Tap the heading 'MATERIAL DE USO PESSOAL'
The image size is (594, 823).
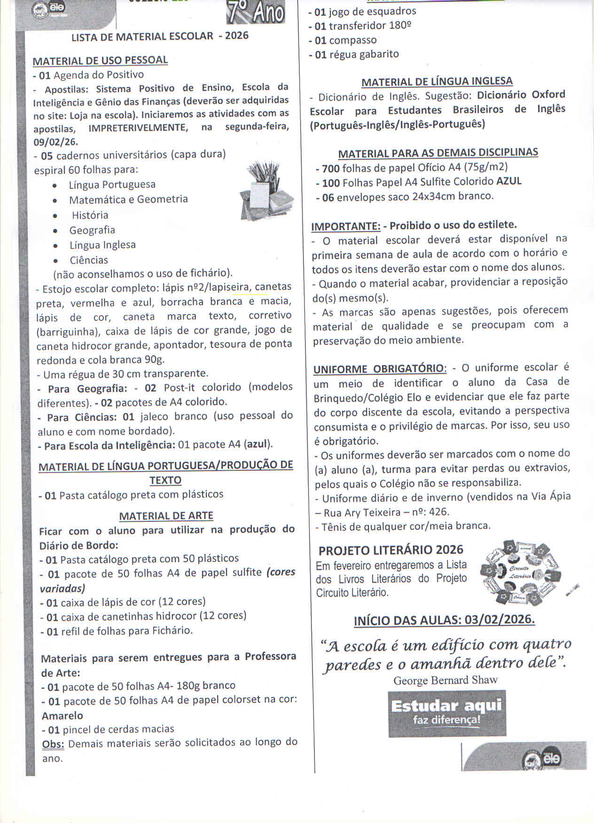pyautogui.click(x=100, y=61)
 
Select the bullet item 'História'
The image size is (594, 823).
pyautogui.click(x=90, y=215)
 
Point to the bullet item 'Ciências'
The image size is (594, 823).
pyautogui.click(x=89, y=260)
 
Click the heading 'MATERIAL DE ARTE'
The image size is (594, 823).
pyautogui.click(x=166, y=516)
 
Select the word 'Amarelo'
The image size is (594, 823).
pyautogui.click(x=63, y=716)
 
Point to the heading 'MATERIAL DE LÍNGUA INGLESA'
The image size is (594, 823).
pyautogui.click(x=437, y=82)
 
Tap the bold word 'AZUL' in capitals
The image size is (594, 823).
pyautogui.click(x=509, y=181)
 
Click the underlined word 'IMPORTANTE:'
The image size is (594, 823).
pyautogui.click(x=346, y=226)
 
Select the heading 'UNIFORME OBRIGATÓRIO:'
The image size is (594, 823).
pyautogui.click(x=380, y=369)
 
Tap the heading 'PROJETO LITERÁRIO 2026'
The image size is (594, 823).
pyautogui.click(x=391, y=550)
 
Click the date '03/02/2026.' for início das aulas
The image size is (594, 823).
pyautogui.click(x=500, y=620)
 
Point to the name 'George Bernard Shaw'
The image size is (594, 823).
pyautogui.click(x=445, y=680)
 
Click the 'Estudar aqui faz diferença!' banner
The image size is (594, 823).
pyautogui.click(x=446, y=713)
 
